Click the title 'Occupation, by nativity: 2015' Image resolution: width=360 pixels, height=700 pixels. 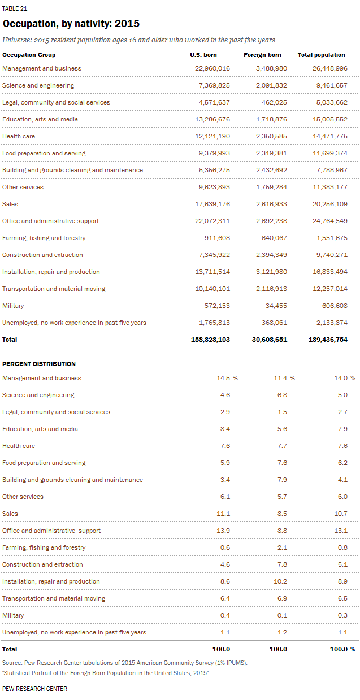click(71, 24)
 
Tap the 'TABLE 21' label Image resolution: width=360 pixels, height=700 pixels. click(15, 9)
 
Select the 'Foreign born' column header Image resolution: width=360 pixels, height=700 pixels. click(262, 55)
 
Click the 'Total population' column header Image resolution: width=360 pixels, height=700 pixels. click(321, 55)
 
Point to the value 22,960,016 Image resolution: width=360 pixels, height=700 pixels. click(212, 68)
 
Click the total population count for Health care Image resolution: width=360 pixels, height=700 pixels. click(329, 136)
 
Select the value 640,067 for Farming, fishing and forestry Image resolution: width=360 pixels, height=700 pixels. click(275, 238)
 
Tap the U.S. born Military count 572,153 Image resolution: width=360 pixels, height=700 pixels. click(216, 306)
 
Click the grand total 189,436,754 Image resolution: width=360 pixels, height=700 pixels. click(324, 340)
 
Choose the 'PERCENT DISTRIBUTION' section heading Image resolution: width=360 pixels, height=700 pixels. click(39, 364)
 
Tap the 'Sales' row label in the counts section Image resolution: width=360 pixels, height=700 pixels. click(10, 204)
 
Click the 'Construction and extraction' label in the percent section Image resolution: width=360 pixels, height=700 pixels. click(42, 564)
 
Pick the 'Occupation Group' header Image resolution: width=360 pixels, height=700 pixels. click(29, 55)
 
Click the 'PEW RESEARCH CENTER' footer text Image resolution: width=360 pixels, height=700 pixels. click(34, 689)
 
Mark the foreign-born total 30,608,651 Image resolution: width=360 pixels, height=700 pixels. click(267, 340)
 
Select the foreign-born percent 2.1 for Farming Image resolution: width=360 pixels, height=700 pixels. click(281, 547)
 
